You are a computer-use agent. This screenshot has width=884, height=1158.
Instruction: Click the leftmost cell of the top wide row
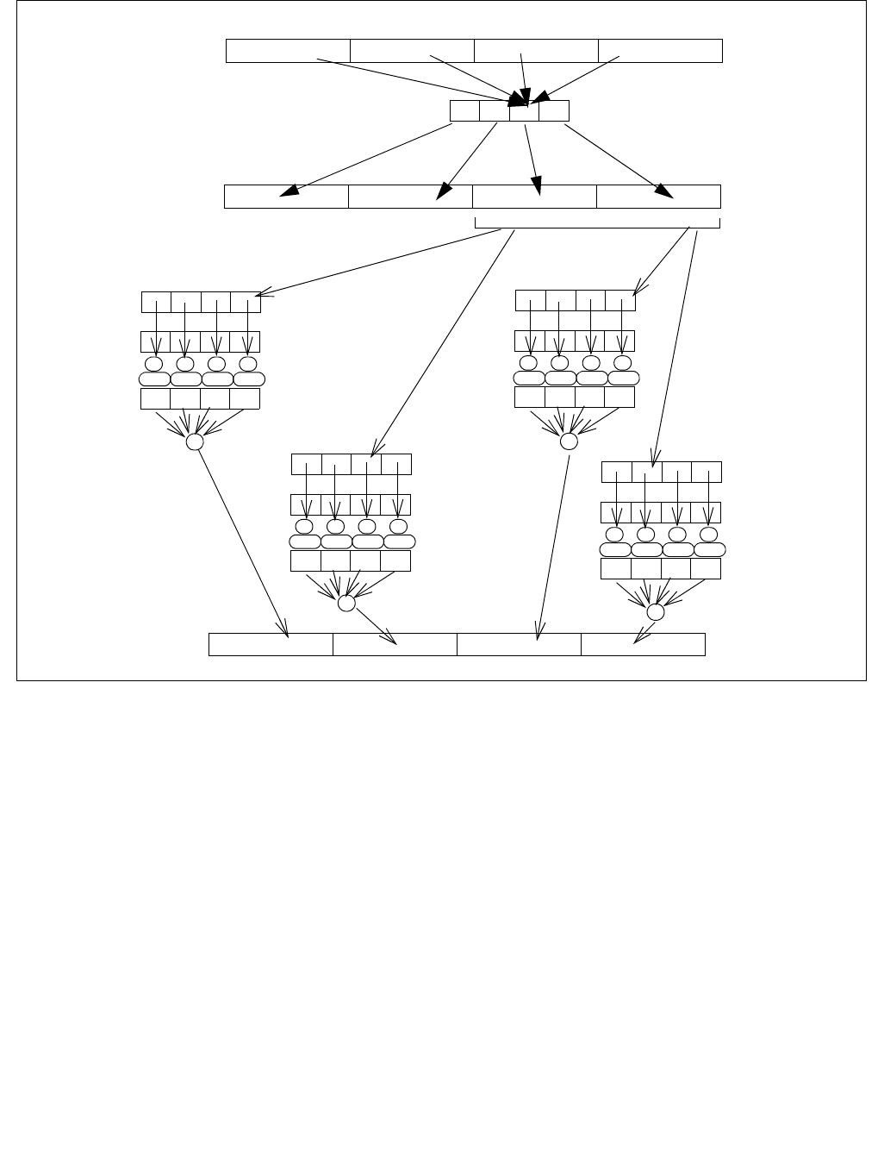point(288,51)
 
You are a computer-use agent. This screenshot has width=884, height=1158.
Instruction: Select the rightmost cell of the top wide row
point(660,51)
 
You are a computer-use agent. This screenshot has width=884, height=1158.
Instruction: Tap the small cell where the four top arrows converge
point(524,110)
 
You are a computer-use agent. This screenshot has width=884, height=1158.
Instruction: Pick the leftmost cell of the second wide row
point(286,197)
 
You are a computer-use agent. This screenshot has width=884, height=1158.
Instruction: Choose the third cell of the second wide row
point(534,197)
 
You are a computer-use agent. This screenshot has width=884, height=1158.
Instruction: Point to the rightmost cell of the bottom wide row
point(643,644)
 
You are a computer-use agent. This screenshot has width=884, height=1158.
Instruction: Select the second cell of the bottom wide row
point(395,644)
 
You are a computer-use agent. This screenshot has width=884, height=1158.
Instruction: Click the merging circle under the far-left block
point(195,441)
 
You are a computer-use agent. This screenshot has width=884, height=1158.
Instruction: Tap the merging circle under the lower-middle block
point(346,604)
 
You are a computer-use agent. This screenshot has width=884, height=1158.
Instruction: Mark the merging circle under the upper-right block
point(569,441)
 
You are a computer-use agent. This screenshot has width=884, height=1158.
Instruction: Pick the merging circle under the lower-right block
point(656,612)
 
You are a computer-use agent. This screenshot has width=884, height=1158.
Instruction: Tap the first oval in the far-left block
point(154,379)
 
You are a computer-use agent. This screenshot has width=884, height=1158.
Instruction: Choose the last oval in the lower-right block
point(710,549)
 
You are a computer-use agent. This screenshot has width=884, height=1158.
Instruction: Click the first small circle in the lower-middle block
point(304,526)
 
